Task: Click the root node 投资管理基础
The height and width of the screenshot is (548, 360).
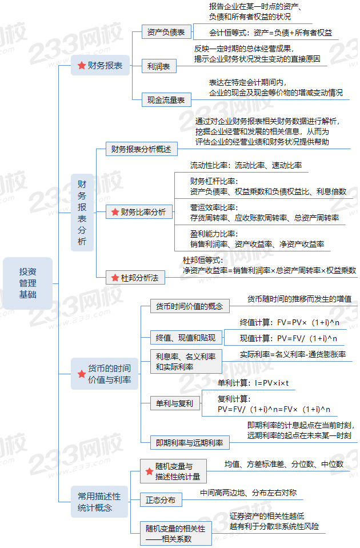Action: (27, 283)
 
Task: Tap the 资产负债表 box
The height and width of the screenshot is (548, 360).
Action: (166, 32)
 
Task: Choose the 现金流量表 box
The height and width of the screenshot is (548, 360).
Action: (166, 99)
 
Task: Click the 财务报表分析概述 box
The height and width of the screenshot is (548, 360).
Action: (142, 150)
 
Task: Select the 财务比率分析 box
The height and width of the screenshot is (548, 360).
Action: (139, 212)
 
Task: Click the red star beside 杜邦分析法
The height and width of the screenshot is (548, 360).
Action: (114, 278)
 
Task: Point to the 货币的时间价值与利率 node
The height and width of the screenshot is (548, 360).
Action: (105, 374)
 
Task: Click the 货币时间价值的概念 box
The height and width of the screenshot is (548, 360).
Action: (189, 306)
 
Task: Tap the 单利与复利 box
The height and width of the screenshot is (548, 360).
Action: (174, 403)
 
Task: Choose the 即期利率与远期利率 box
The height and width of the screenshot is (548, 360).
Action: (189, 442)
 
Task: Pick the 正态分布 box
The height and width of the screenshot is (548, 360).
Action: (161, 500)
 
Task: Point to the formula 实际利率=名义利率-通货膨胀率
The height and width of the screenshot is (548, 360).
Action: (293, 354)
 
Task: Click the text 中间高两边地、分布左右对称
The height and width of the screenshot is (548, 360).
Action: (248, 493)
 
